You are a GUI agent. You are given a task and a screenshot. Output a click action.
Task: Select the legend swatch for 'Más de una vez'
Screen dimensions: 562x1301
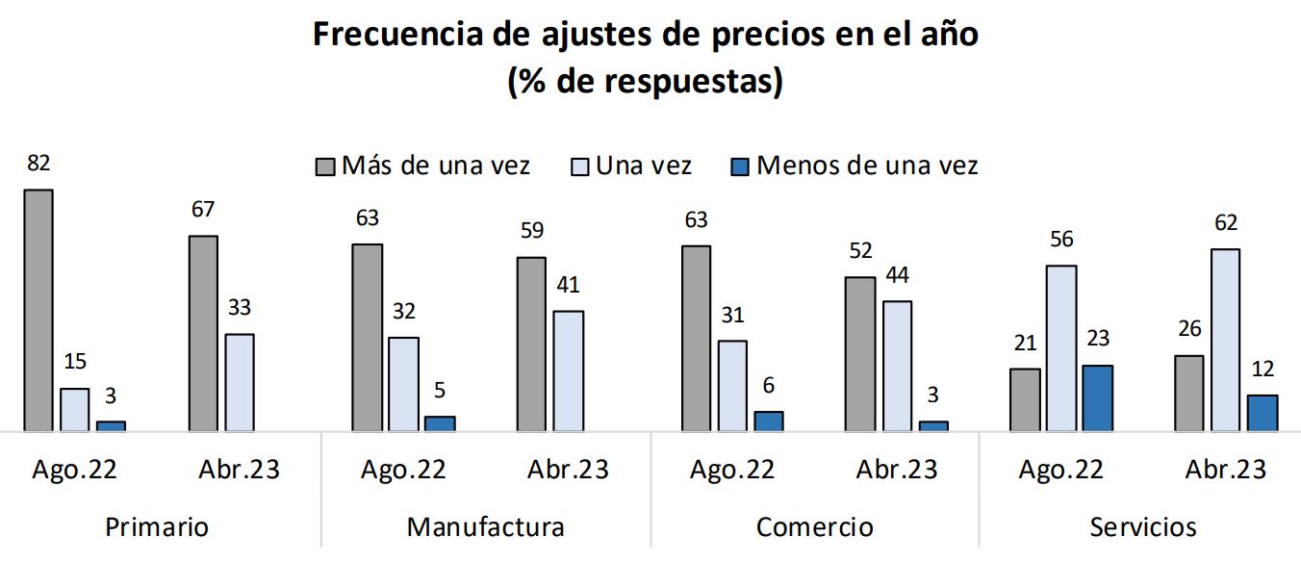click(325, 166)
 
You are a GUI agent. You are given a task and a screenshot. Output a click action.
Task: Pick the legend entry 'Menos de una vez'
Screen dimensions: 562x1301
click(866, 166)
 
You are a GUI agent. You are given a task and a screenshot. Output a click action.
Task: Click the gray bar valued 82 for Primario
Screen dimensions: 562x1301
click(38, 310)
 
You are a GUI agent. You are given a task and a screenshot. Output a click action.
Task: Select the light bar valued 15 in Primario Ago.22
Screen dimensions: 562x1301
click(75, 410)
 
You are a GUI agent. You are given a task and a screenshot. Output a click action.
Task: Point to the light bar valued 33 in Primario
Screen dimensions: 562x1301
click(240, 383)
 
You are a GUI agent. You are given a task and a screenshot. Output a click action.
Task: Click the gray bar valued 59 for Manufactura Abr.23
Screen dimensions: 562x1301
click(531, 345)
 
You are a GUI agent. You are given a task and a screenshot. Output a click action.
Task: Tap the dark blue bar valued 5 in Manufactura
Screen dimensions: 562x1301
click(440, 423)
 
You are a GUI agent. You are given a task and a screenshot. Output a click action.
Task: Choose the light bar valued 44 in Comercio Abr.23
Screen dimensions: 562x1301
click(897, 367)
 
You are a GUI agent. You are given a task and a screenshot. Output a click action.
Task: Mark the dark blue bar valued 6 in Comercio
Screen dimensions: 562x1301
click(769, 421)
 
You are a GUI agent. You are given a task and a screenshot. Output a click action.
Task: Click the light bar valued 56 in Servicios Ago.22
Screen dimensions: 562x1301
click(1061, 348)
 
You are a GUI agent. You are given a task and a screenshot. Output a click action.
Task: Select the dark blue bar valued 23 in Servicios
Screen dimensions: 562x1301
click(1098, 398)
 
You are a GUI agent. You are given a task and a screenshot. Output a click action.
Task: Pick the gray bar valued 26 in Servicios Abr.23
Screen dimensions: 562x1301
click(1189, 394)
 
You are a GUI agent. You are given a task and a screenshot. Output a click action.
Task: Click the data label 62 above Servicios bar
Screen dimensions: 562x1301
click(1226, 223)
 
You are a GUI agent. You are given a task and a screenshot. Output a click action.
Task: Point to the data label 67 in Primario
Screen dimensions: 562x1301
click(203, 210)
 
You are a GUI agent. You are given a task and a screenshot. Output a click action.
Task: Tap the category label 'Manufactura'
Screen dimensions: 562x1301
click(485, 527)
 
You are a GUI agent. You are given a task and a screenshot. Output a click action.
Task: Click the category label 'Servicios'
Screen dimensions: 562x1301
click(1143, 527)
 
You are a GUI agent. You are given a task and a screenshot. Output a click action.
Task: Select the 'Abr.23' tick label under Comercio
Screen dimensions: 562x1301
click(897, 470)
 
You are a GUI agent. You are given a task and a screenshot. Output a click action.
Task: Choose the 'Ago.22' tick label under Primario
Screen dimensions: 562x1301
click(75, 470)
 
